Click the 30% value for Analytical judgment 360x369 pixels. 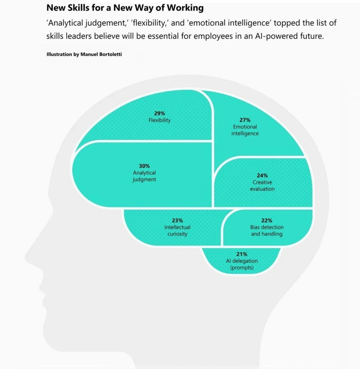tap(144, 166)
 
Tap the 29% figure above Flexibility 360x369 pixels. tap(159, 114)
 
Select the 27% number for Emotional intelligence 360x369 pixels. tap(245, 120)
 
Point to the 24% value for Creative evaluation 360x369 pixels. tap(262, 175)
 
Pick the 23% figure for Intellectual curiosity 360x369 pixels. tap(177, 220)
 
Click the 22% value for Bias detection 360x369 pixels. tap(267, 220)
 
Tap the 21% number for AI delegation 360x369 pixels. tap(242, 254)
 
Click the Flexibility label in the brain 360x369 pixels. tap(159, 120)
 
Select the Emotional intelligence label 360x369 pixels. tap(245, 130)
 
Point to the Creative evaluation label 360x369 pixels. tap(262, 186)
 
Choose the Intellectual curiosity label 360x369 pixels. tap(177, 231)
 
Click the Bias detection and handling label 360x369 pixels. tap(267, 231)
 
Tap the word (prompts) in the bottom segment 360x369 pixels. tap(242, 268)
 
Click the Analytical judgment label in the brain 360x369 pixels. tap(144, 176)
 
